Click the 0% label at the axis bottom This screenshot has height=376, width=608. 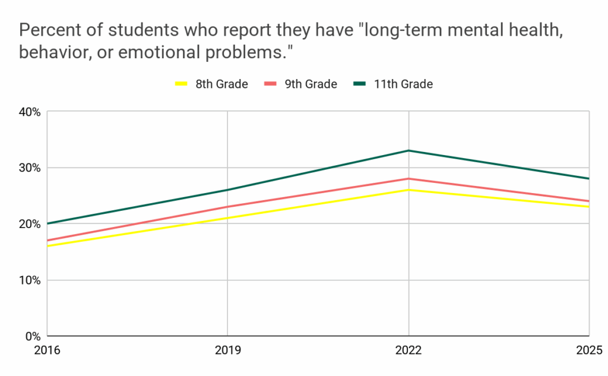tap(32, 336)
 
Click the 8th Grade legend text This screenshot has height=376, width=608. tap(221, 84)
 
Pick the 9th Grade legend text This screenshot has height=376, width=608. tap(311, 84)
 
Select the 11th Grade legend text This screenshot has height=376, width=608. tap(403, 84)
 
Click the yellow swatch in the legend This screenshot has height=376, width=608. tap(181, 84)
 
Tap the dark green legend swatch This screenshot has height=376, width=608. tap(360, 84)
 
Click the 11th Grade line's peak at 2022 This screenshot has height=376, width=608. tap(408, 150)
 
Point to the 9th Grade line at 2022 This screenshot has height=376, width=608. tap(408, 178)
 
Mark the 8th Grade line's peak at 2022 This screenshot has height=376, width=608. tap(408, 189)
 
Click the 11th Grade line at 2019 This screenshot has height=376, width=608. tap(228, 190)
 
